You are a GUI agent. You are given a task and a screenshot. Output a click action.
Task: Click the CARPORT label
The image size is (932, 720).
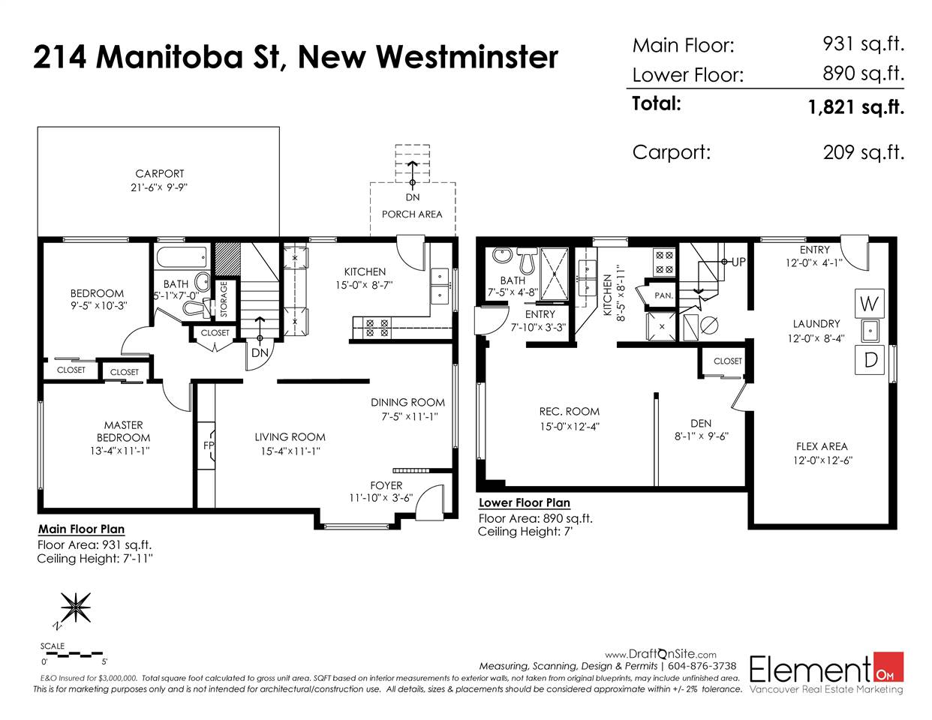point(160,173)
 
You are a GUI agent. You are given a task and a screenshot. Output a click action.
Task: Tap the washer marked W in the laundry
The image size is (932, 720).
point(870,304)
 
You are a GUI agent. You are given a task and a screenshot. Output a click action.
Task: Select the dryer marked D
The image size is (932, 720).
point(870,359)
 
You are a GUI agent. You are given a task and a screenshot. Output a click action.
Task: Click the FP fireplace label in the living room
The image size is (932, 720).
point(209,445)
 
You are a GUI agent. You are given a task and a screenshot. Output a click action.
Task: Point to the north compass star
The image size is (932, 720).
point(76,607)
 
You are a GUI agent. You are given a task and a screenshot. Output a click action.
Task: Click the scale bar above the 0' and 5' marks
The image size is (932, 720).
point(71,654)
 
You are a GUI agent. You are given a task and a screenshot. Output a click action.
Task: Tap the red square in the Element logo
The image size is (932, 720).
point(888,667)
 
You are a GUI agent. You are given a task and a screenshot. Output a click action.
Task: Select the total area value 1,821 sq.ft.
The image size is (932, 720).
point(856,106)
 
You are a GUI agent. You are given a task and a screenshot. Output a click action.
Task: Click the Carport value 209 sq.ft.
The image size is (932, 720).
point(864,152)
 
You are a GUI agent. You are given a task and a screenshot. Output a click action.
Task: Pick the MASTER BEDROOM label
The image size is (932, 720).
point(124,431)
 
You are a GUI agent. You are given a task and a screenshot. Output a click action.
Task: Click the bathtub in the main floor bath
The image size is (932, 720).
point(182,257)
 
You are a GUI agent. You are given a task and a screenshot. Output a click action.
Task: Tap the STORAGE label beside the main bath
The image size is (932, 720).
point(224,298)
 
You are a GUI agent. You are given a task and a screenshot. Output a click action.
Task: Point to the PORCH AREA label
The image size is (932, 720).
point(412,214)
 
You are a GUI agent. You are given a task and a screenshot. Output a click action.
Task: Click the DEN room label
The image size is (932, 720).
point(701,424)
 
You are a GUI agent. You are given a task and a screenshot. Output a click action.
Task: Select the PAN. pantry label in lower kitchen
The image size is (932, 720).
point(663,295)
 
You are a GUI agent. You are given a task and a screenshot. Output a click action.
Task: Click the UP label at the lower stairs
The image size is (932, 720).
point(738,262)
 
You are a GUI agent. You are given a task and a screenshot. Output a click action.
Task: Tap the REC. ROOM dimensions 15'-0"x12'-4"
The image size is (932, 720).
point(569,427)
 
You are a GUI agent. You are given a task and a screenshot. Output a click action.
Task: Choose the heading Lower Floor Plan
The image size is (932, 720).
point(524,502)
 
